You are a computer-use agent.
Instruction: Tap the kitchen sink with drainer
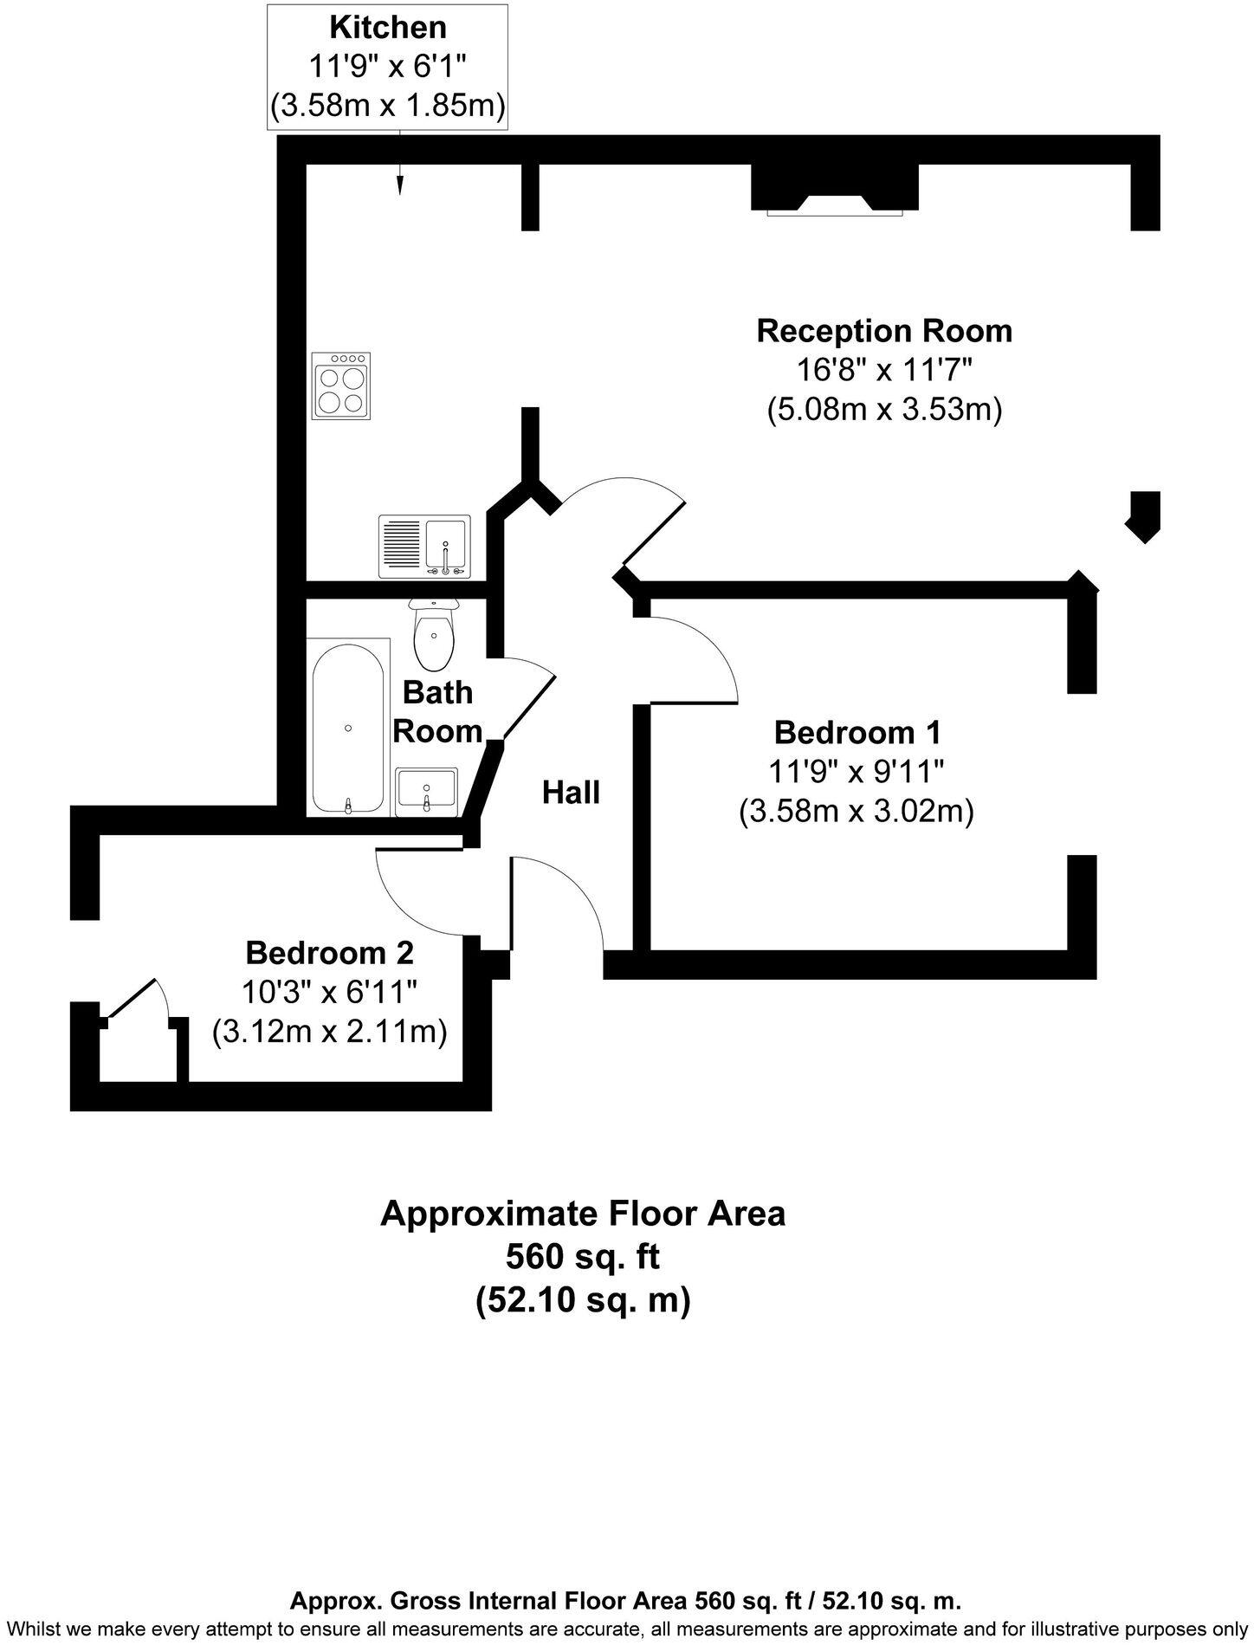[424, 547]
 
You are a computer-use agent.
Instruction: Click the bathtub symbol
[348, 726]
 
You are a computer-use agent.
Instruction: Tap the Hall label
[571, 792]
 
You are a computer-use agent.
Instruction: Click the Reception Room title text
[883, 331]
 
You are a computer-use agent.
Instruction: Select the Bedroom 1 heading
[856, 732]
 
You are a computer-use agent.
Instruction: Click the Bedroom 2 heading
[329, 953]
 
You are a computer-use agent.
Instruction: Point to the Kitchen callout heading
[388, 28]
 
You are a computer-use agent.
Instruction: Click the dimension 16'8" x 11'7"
[883, 370]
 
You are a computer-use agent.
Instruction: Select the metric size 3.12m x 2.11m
[329, 1032]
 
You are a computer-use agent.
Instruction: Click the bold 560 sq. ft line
[582, 1255]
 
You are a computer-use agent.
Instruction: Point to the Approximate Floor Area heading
[582, 1213]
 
